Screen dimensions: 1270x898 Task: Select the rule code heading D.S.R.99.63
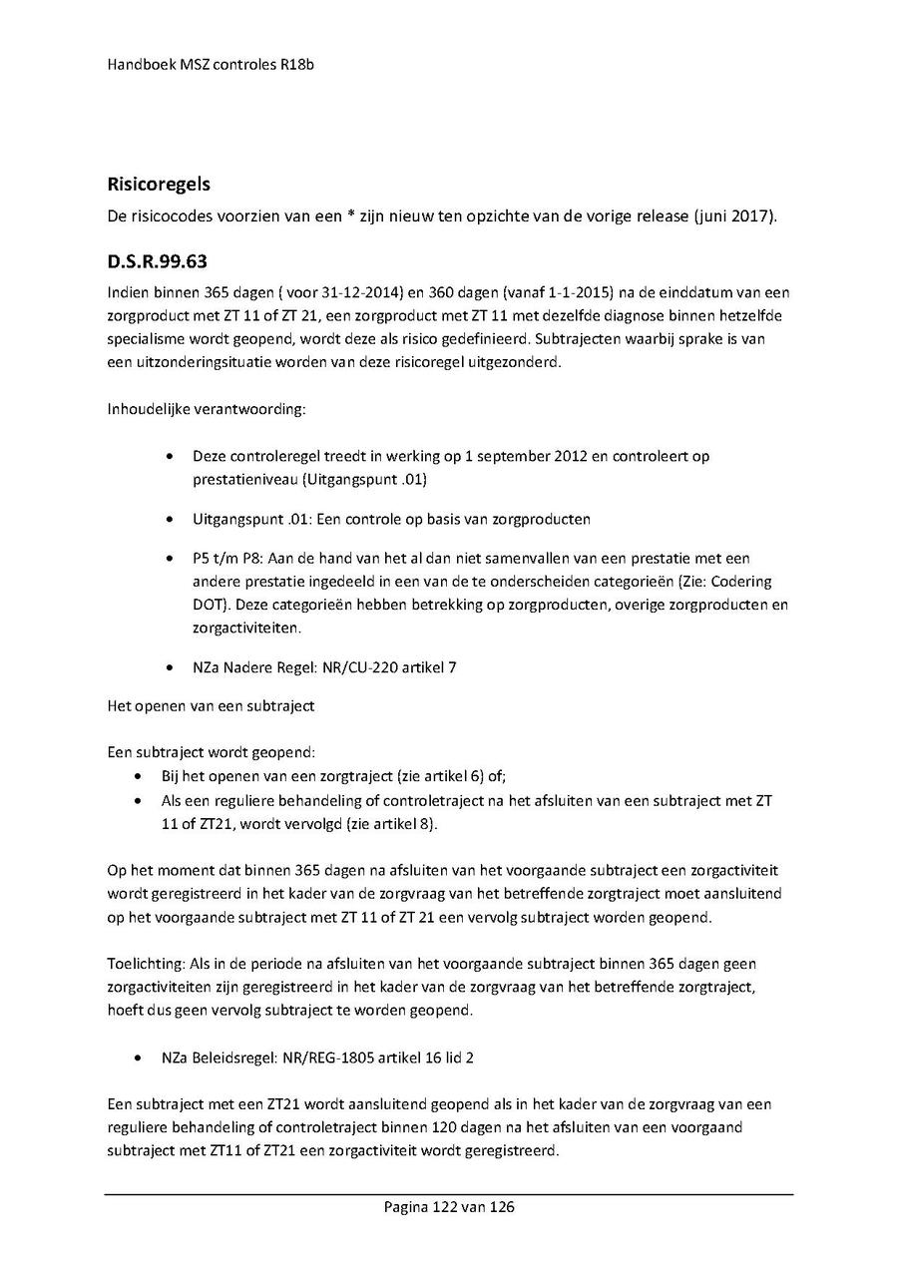coord(157,263)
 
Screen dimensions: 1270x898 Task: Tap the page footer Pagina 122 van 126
coord(449,1207)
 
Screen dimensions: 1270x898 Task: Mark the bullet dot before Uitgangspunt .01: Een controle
coord(171,520)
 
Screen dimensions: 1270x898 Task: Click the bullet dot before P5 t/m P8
coord(171,559)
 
